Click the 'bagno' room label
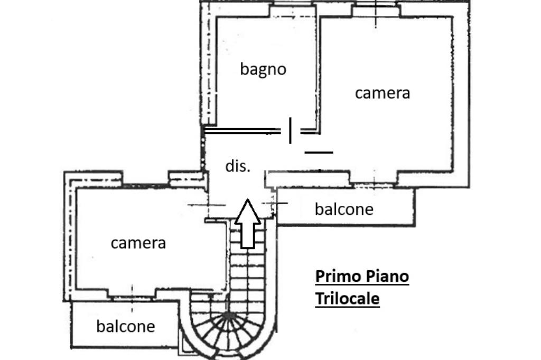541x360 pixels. (263, 69)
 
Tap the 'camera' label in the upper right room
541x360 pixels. (383, 93)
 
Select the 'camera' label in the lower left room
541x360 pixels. (138, 243)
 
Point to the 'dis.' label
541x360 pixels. (238, 166)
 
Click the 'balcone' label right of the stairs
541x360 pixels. (344, 209)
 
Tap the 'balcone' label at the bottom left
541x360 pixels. (126, 326)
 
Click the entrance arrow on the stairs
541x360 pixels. (247, 224)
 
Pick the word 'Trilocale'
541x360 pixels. (348, 298)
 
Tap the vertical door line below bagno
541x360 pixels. (290, 130)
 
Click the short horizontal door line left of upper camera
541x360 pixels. (319, 152)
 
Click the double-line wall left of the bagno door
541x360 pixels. (242, 130)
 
